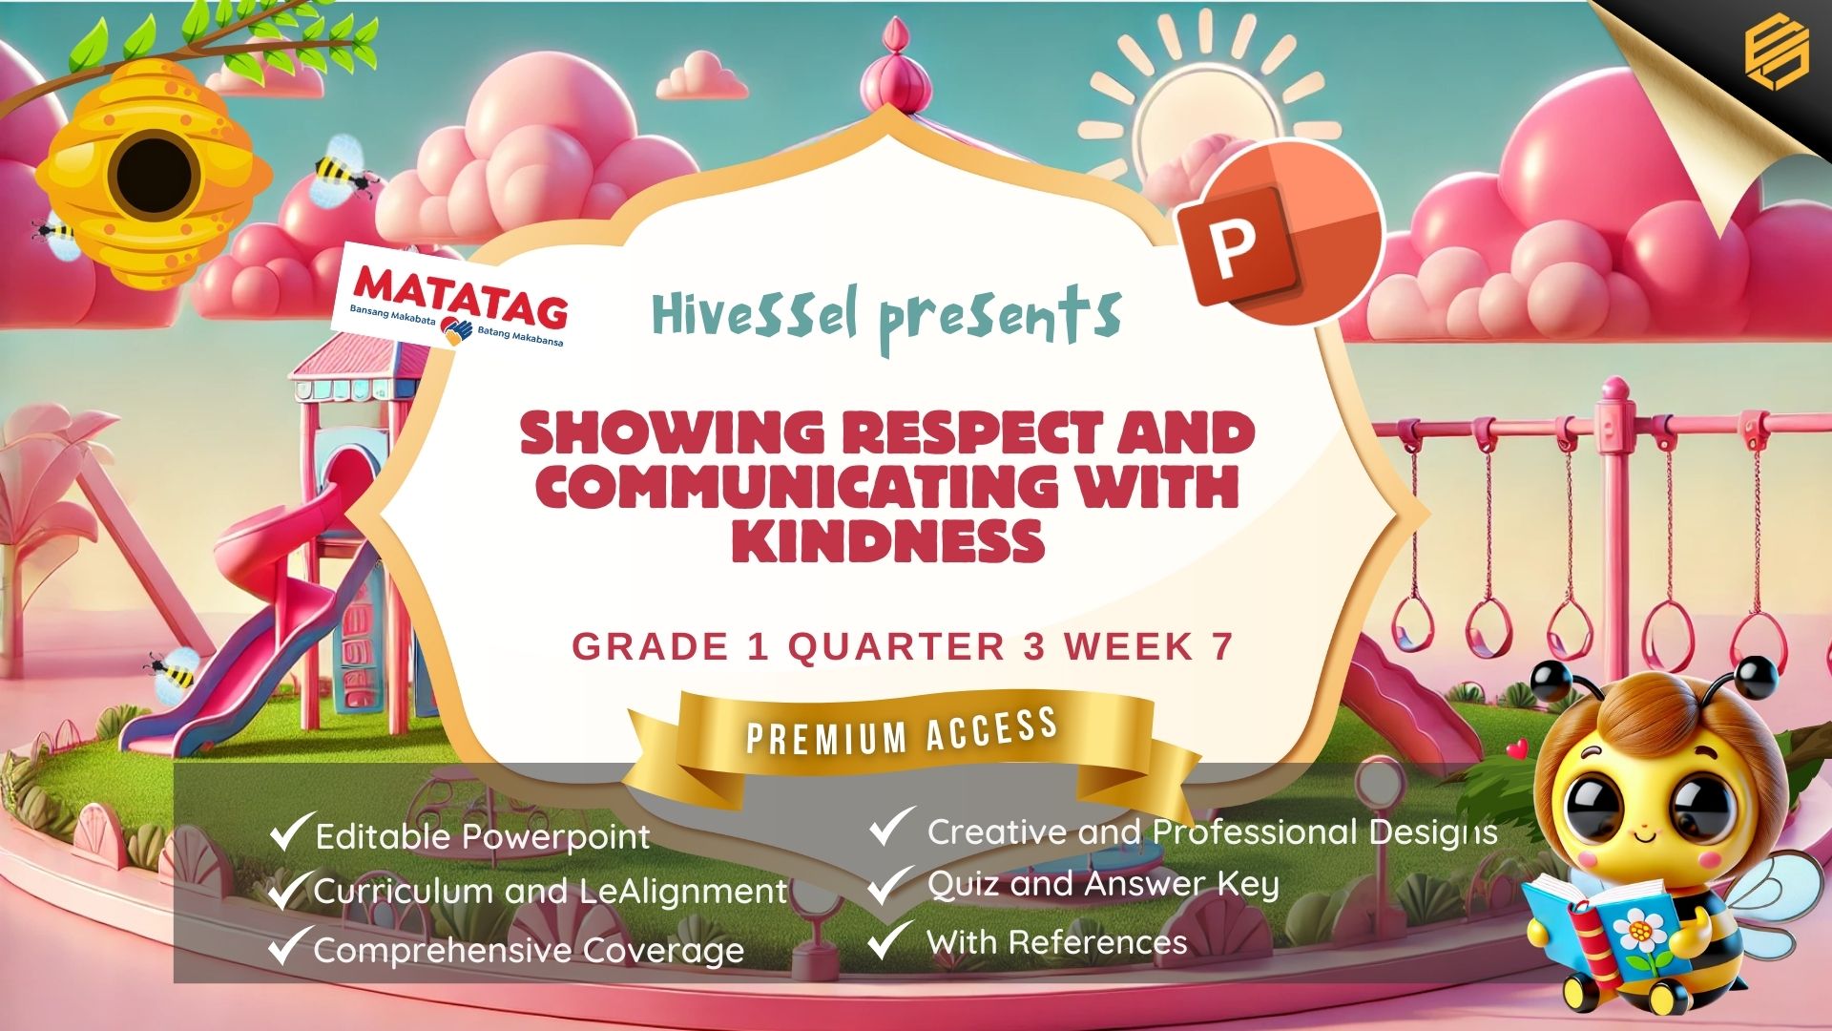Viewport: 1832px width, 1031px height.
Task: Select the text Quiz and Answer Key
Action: coord(1103,885)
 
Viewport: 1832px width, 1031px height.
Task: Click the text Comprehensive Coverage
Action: coord(529,950)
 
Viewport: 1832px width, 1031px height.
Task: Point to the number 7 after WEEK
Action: coord(1222,646)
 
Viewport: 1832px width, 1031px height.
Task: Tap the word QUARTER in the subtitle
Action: coord(897,646)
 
